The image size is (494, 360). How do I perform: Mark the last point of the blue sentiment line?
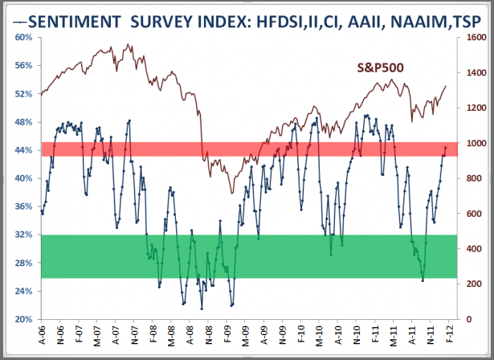point(447,148)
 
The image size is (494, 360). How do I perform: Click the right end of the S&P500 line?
point(447,86)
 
